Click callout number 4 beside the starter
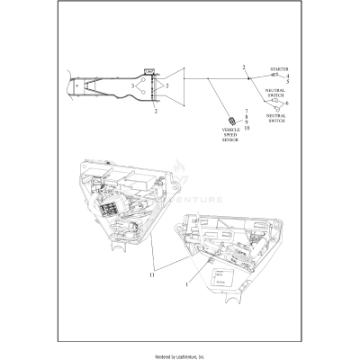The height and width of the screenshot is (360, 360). point(287,76)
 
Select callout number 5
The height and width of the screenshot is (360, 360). point(287,82)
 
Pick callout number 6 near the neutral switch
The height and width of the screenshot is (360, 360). point(287,104)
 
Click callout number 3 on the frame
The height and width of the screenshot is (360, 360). point(132,86)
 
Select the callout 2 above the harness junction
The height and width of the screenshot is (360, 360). point(243,67)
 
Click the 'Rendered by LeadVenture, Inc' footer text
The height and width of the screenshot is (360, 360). point(180,351)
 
